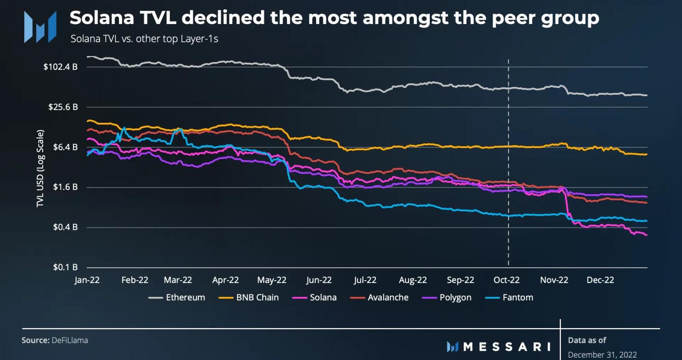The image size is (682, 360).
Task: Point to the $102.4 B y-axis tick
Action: [60, 67]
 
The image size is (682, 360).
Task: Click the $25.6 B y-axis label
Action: [63, 107]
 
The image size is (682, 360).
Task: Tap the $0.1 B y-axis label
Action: [65, 267]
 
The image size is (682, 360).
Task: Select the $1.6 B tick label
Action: [65, 187]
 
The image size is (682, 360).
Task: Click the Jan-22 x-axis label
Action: [87, 280]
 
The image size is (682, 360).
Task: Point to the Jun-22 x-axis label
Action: [319, 280]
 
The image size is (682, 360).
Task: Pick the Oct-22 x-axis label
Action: [506, 280]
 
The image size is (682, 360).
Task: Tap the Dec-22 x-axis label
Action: [600, 280]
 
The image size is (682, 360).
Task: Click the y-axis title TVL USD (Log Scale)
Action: [40, 168]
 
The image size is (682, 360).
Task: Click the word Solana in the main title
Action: [101, 18]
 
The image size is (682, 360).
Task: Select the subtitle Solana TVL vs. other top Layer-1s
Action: [144, 39]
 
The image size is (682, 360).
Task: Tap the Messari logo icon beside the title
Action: [40, 27]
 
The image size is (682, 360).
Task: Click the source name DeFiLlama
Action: [69, 340]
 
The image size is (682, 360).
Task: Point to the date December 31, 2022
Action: [602, 354]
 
